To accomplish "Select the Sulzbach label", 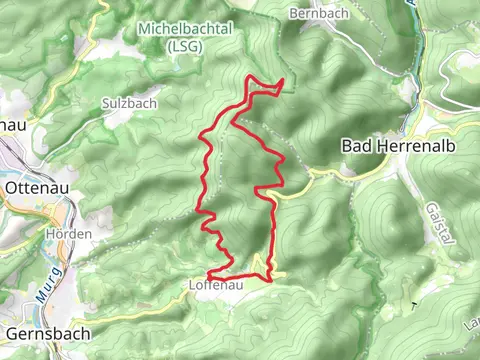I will pyautogui.click(x=126, y=103).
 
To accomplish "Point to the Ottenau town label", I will pyautogui.click(x=35, y=187).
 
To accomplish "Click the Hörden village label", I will pyautogui.click(x=68, y=234).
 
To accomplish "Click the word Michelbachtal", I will pyautogui.click(x=186, y=28).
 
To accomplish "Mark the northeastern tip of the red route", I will pyautogui.click(x=284, y=80).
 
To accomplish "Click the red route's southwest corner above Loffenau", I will pyautogui.click(x=208, y=274).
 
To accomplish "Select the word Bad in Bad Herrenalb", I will pyautogui.click(x=355, y=146).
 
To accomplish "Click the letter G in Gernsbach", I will pyautogui.click(x=11, y=333).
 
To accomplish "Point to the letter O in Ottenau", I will pyautogui.click(x=11, y=187).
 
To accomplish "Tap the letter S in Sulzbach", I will pyautogui.click(x=105, y=103).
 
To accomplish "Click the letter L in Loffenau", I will pyautogui.click(x=192, y=285).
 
